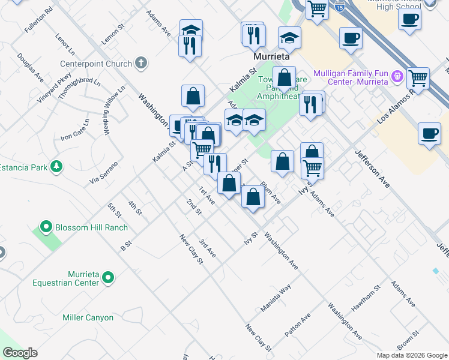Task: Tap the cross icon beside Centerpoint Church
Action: click(141, 62)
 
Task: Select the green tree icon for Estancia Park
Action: click(56, 166)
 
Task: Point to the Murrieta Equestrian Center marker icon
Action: click(108, 277)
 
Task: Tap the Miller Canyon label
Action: click(88, 317)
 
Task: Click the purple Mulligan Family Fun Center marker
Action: click(396, 76)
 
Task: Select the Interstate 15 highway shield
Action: click(340, 8)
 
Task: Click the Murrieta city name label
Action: click(271, 56)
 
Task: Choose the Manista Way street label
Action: click(276, 298)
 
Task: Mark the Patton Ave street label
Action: click(297, 325)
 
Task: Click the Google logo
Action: click(20, 353)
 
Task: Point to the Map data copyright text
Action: click(411, 355)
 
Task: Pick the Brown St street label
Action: click(408, 341)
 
